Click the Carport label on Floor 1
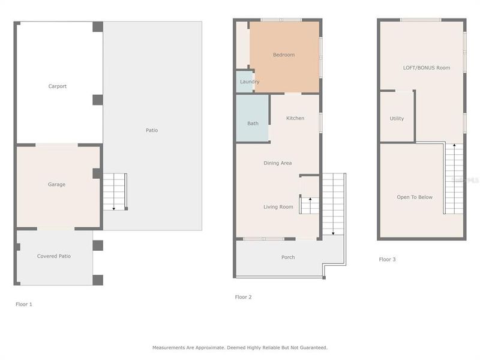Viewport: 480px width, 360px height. [58, 86]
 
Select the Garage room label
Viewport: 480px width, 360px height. [56, 184]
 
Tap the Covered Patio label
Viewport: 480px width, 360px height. [54, 256]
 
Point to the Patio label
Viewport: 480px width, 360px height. [152, 130]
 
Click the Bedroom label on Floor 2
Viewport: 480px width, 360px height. [284, 55]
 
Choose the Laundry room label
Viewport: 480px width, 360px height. [250, 82]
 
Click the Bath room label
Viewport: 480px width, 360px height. [253, 124]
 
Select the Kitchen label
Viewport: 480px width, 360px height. [295, 118]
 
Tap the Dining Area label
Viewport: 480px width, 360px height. [278, 163]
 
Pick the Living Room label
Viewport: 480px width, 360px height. [278, 207]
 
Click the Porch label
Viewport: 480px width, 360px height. [288, 257]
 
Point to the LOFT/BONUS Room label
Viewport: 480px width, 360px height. [427, 68]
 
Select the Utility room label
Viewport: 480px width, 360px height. [397, 119]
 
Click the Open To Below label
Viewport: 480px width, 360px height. [415, 197]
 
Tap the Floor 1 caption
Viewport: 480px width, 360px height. [24, 304]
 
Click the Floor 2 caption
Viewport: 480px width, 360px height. [243, 297]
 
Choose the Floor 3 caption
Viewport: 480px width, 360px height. [387, 260]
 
